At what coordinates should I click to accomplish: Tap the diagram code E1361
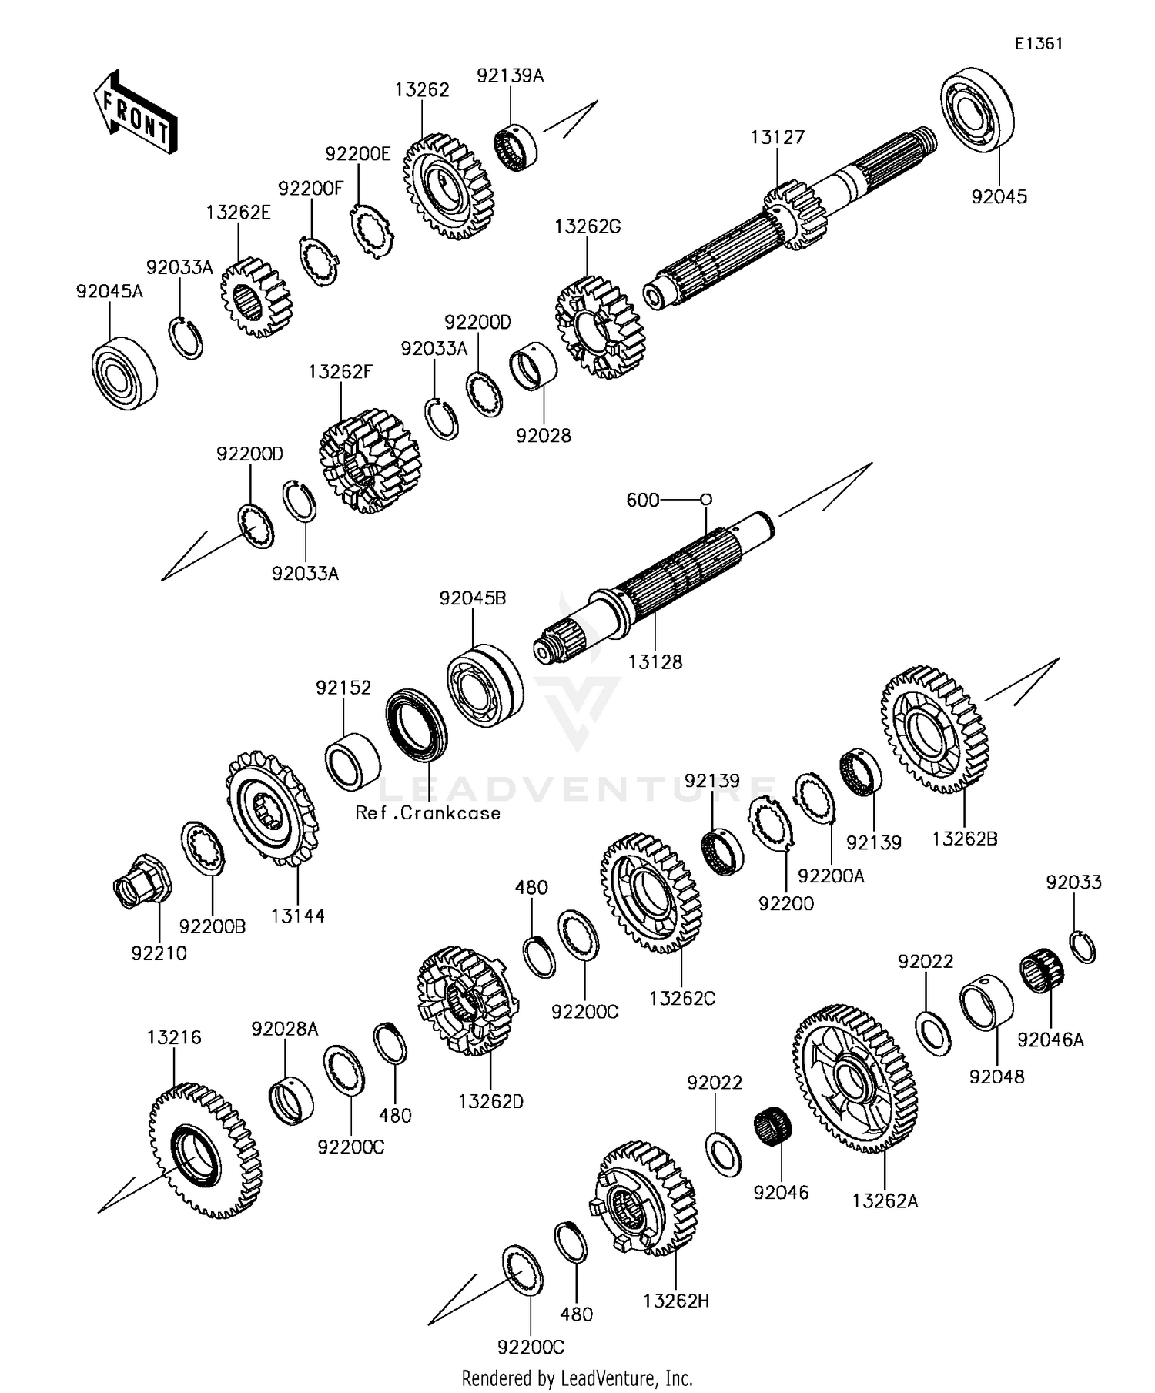[x=1038, y=44]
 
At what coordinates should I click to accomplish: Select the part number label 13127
[x=778, y=138]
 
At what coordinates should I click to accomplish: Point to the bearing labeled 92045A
[x=124, y=373]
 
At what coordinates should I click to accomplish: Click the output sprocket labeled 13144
[x=272, y=809]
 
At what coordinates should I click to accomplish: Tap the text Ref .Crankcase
[x=428, y=813]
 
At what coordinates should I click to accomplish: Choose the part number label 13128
[x=655, y=662]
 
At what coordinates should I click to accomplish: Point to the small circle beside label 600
[x=706, y=500]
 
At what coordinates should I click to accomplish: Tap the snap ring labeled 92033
[x=1083, y=947]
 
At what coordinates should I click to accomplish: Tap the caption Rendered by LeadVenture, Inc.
[x=577, y=1378]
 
